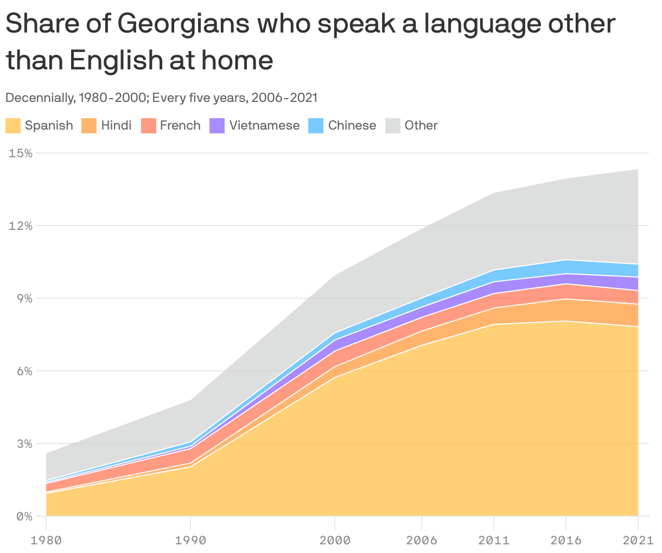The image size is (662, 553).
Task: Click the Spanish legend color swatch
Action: coord(13,126)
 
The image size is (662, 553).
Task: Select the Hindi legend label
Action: coord(116,126)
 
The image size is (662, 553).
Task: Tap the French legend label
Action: coord(180,126)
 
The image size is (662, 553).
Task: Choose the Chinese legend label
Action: coord(352,126)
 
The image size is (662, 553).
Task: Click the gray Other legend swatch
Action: coord(393,126)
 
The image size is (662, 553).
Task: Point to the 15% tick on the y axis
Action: coord(21,153)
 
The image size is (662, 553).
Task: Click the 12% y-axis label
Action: coord(21,226)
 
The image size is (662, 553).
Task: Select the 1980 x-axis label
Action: coord(46,540)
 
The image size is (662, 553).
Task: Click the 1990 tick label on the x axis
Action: coord(190,540)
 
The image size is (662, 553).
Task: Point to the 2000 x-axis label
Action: coord(335,540)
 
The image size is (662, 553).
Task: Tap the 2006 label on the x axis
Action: coord(421,540)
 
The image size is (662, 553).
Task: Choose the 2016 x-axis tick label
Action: coord(566,540)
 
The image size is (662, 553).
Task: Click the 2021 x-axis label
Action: coord(638,540)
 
